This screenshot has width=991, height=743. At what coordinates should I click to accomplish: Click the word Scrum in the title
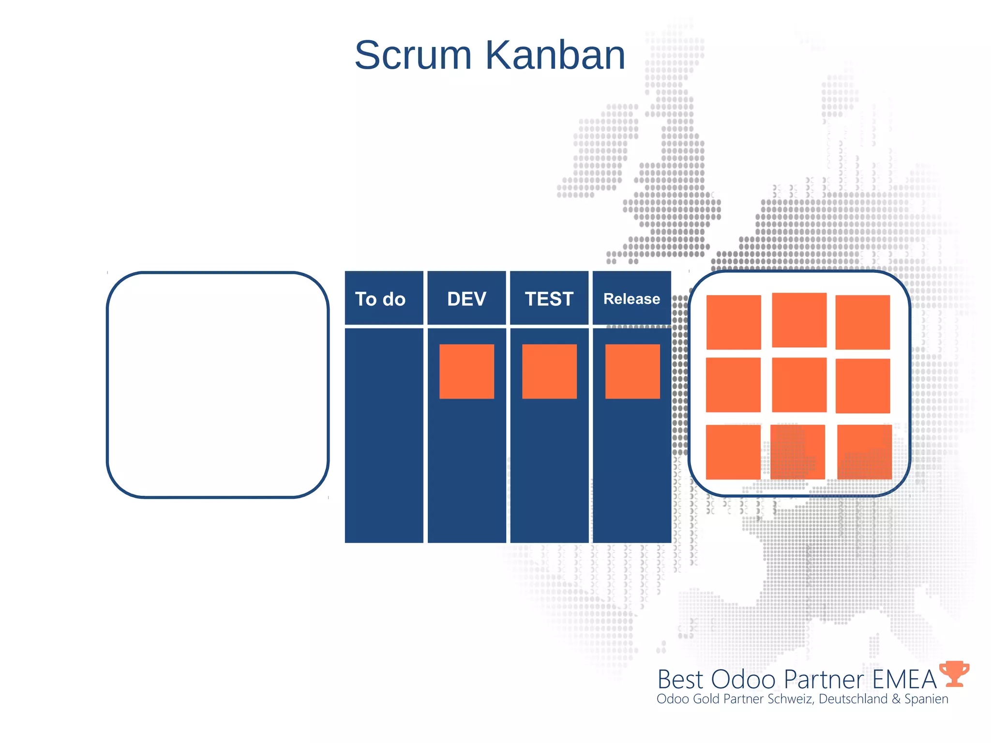pos(413,55)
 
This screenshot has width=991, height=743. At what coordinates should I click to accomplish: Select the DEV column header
pos(466,298)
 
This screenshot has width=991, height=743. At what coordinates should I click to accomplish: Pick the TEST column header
pos(549,298)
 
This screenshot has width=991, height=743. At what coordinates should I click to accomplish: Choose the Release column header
pos(631,298)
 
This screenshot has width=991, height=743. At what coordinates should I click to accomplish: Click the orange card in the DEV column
pos(466,371)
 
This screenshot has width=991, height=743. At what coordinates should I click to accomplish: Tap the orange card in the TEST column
pos(549,371)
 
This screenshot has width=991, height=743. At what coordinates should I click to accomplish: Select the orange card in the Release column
pos(632,371)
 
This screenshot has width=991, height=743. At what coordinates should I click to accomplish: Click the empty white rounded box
pos(218,385)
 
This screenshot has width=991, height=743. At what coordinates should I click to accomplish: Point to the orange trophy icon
pos(954,673)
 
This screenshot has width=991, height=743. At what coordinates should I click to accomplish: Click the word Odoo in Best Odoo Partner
pos(743,679)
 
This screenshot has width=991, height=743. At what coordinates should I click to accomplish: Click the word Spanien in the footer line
pos(926,699)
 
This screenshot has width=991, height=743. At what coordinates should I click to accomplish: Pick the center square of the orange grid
pos(799,385)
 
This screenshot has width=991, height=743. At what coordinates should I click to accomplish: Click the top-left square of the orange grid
pos(734,322)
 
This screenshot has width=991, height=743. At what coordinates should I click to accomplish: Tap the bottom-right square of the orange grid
pos(864,452)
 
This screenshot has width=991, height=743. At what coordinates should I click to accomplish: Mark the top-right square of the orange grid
pos(862,322)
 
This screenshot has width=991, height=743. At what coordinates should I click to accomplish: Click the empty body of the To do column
pos(383,435)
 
